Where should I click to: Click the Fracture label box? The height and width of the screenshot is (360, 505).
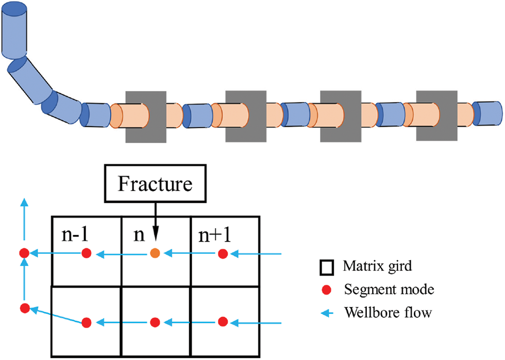[x=155, y=184]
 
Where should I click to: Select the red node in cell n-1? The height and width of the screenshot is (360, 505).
[x=87, y=253]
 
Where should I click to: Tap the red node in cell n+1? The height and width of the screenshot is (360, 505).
[x=223, y=253]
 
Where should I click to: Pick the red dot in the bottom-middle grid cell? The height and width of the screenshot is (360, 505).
[x=155, y=322]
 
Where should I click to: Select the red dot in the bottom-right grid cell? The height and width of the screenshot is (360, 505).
[x=223, y=321]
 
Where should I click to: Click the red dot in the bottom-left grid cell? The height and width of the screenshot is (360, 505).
[x=87, y=322]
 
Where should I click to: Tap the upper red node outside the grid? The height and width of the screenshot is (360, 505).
[x=23, y=253]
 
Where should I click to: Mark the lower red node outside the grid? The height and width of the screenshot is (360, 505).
[x=24, y=308]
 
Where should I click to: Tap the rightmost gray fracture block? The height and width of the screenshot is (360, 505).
[x=436, y=116]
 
